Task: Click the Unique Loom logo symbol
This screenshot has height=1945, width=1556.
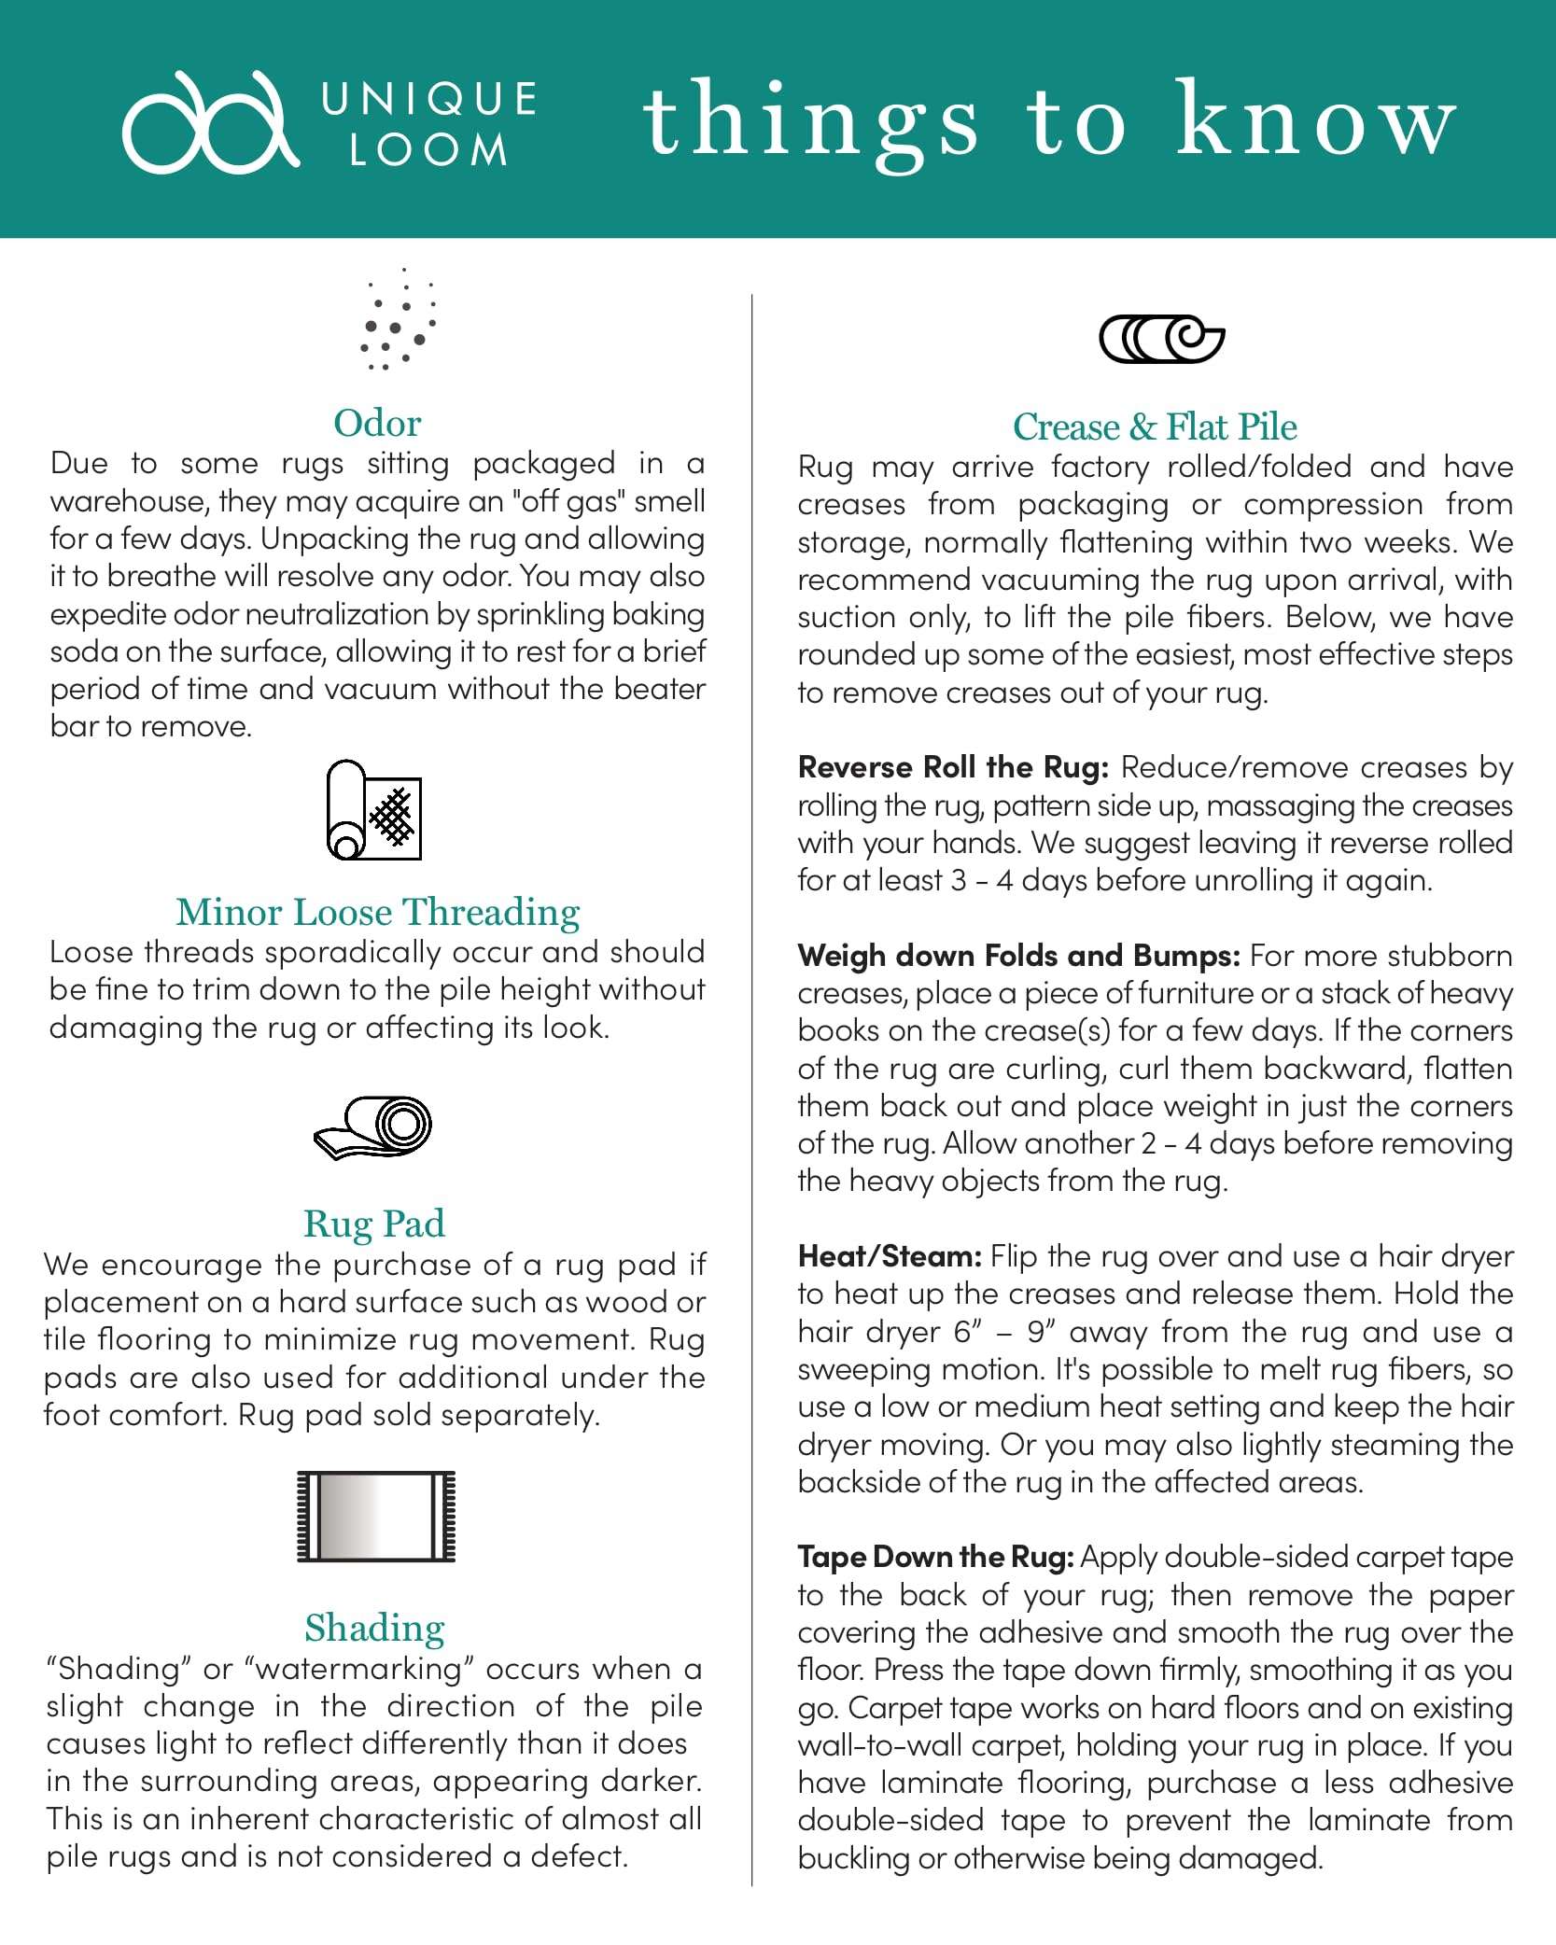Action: click(210, 122)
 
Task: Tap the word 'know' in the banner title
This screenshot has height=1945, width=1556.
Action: click(1315, 120)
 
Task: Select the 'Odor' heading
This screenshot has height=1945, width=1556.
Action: click(377, 424)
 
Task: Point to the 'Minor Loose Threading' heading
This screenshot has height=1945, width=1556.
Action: click(377, 912)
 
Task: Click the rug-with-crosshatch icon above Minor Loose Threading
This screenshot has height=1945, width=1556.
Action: click(374, 810)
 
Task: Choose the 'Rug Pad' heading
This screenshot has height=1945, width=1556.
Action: click(374, 1224)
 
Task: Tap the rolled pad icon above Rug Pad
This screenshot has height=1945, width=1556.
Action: click(374, 1126)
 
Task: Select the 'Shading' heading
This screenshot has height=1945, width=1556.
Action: click(374, 1628)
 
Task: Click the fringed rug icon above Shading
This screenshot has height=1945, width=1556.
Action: click(376, 1517)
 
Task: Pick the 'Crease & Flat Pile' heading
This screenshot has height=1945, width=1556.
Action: click(1155, 427)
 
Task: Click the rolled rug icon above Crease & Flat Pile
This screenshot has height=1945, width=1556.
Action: click(1161, 339)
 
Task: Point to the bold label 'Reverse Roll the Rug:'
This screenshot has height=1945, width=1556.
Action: click(953, 767)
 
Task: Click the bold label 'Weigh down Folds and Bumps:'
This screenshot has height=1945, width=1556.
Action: click(1018, 956)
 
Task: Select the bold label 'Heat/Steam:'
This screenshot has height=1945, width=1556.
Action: click(890, 1256)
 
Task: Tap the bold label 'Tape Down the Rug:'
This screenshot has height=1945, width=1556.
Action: click(936, 1557)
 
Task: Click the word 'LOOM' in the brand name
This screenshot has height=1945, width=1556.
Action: click(428, 150)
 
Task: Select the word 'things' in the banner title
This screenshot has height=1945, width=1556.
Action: click(810, 122)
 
